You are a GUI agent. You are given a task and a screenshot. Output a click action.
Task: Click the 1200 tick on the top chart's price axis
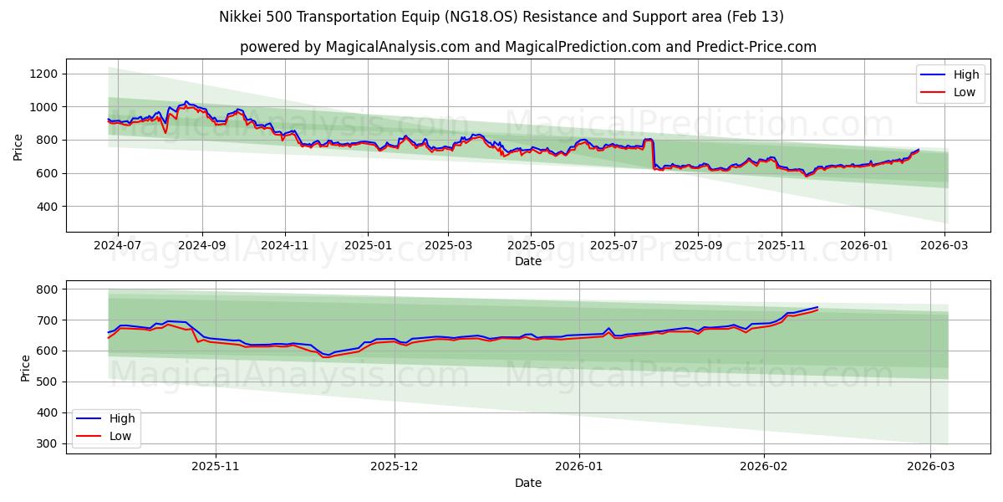tap(43, 74)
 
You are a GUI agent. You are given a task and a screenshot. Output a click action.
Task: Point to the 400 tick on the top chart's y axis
tap(47, 207)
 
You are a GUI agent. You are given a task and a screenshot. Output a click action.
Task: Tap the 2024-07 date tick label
tap(117, 245)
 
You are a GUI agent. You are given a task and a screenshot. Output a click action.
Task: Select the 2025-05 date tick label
tap(531, 245)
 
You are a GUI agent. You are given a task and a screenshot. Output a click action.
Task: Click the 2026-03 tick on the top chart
tap(945, 245)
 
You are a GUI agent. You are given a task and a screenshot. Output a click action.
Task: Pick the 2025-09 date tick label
tap(698, 245)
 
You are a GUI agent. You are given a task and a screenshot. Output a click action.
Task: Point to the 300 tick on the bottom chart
tap(47, 443)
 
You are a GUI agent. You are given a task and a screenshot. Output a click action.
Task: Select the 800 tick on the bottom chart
tap(47, 289)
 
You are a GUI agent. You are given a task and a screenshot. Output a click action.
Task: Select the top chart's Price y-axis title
tap(18, 146)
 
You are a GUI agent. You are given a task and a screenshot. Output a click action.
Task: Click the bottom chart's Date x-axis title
tap(527, 483)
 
